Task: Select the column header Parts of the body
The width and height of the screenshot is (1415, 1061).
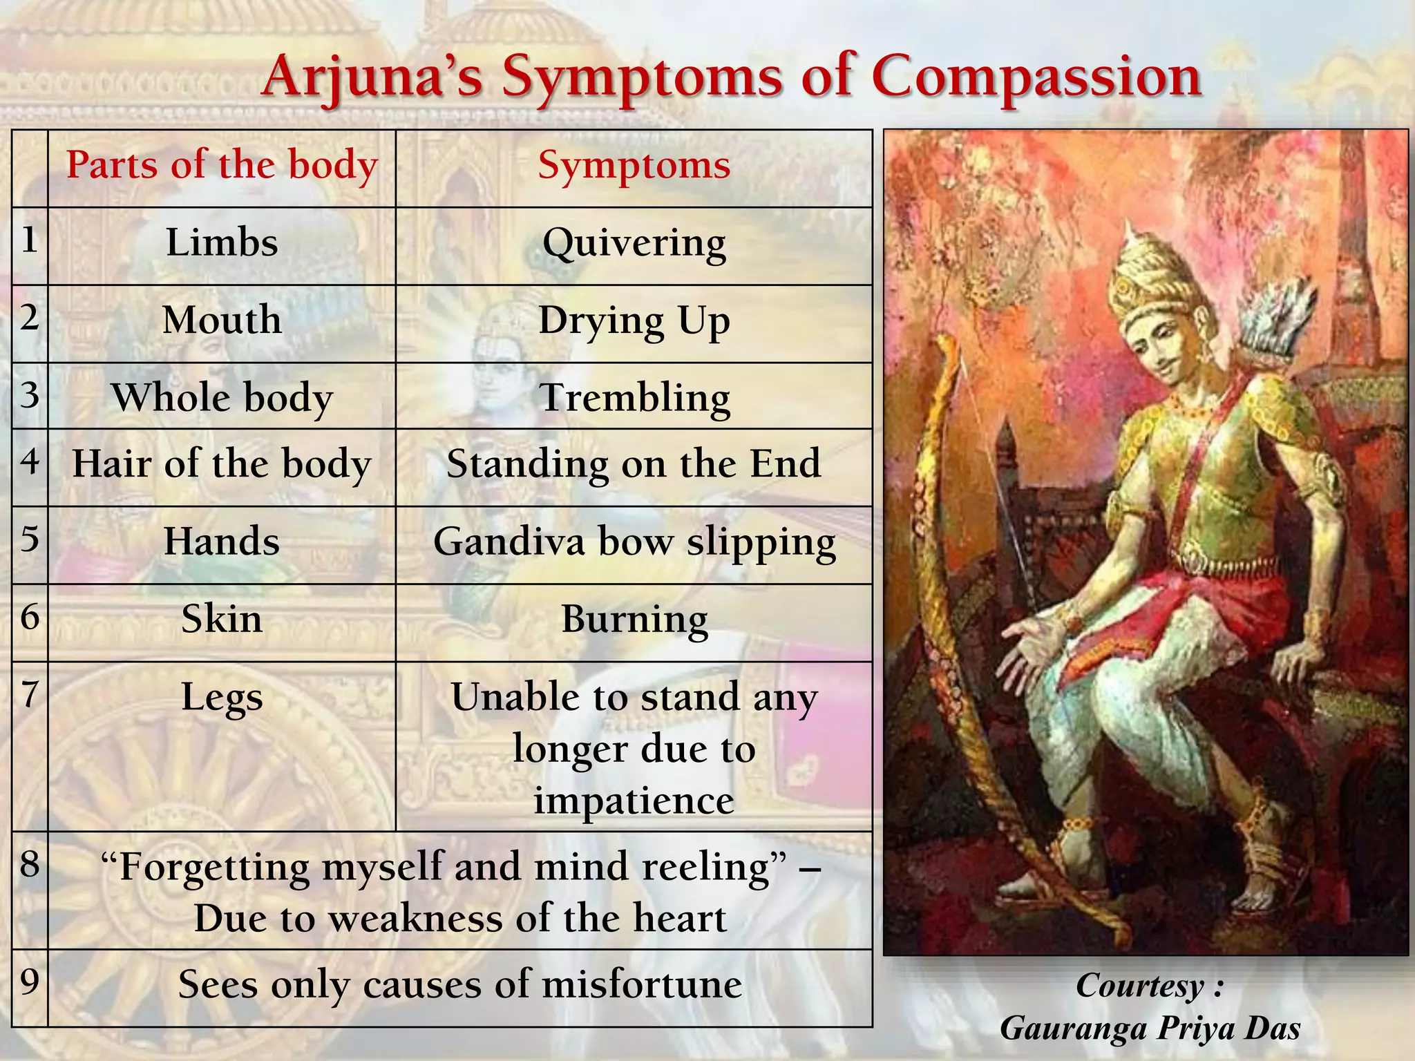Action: [222, 166]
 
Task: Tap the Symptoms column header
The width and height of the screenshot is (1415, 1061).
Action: [634, 166]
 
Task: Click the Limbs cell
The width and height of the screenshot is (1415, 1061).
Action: [222, 243]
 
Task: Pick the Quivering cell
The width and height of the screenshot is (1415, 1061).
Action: [634, 243]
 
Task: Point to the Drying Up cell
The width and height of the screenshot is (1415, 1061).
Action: [634, 321]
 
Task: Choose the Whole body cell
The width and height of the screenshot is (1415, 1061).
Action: [222, 398]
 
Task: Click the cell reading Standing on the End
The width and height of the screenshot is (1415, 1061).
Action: [634, 464]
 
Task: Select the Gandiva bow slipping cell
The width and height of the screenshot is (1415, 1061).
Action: [634, 542]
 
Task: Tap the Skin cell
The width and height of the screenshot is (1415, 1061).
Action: [222, 619]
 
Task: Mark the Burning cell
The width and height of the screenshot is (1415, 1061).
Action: [634, 619]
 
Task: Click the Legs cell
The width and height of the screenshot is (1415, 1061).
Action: [222, 697]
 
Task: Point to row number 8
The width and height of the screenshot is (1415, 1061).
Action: [30, 864]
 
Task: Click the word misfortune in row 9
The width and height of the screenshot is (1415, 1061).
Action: [642, 984]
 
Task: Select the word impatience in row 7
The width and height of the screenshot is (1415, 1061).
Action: [634, 801]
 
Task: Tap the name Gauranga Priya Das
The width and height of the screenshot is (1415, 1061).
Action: [1150, 1029]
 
